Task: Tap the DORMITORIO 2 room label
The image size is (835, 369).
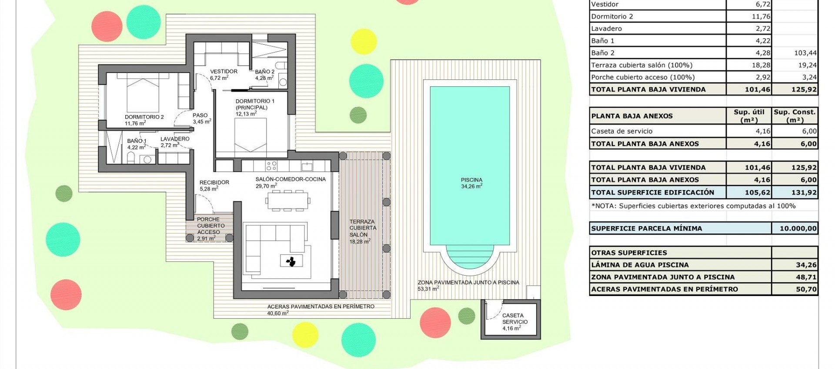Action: [144, 117]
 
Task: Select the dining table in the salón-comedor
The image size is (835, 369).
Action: [288, 200]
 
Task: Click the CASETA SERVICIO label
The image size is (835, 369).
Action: [514, 319]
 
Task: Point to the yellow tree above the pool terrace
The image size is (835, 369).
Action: [363, 41]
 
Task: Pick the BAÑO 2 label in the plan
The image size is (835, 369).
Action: [264, 72]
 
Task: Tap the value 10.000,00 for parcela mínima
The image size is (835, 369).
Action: [798, 228]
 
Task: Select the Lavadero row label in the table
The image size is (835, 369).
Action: [606, 29]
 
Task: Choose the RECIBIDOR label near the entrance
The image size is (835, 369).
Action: [214, 182]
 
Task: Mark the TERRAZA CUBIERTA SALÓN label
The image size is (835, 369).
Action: [363, 228]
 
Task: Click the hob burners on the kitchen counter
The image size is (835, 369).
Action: [271, 165]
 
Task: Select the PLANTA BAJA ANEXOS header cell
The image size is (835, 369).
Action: [631, 116]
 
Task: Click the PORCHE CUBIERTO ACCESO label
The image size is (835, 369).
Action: [210, 226]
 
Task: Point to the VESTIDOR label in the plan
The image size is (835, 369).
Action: [224, 72]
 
